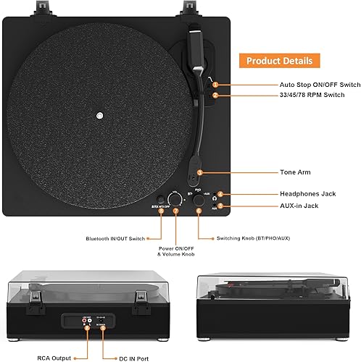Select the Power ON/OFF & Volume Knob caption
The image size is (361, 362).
pyautogui.click(x=176, y=252)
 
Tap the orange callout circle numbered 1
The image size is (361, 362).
pyautogui.click(x=215, y=85)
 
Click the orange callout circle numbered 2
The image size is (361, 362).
pyautogui.click(x=215, y=96)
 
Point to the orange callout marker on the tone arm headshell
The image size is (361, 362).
pyautogui.click(x=199, y=172)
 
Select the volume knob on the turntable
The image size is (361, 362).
pyautogui.click(x=176, y=198)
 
